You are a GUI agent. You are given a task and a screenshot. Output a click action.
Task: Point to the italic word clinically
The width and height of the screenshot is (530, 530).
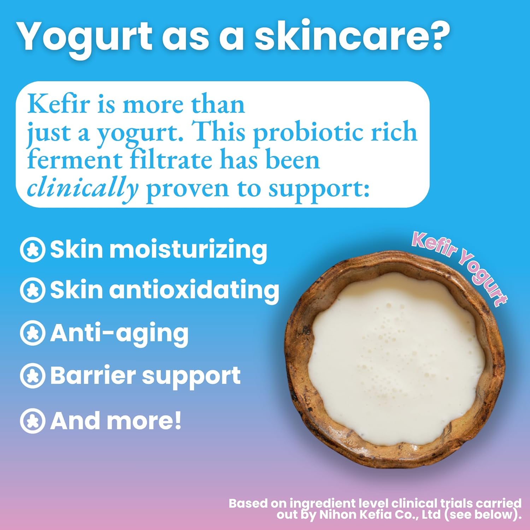click(x=82, y=189)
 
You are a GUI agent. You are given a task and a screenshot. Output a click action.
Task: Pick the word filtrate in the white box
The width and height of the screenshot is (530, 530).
click(x=171, y=160)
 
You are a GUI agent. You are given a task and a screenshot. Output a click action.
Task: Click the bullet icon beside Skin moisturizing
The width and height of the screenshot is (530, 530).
click(x=33, y=250)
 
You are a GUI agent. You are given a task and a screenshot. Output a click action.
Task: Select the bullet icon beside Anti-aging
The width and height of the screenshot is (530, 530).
click(x=33, y=333)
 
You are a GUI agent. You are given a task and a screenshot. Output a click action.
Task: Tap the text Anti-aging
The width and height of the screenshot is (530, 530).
click(x=119, y=333)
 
